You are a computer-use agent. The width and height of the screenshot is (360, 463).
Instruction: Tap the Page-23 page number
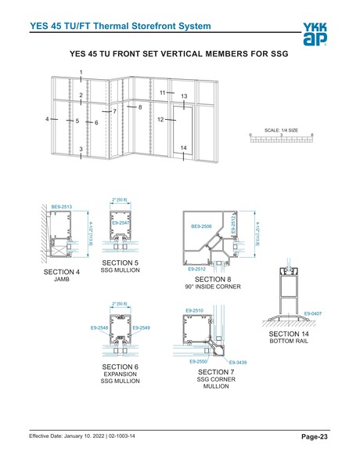point(316,436)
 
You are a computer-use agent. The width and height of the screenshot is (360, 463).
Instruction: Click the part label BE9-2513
point(62,207)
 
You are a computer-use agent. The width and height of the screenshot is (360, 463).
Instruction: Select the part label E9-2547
point(121,223)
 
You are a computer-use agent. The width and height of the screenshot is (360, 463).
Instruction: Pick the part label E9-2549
point(142,327)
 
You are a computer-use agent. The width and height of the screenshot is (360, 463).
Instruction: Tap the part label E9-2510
point(195,312)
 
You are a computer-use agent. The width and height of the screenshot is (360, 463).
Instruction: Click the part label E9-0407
point(311,313)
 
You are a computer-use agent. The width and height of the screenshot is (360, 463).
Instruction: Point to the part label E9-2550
point(199,361)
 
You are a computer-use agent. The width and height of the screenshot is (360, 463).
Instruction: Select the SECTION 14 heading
point(285,334)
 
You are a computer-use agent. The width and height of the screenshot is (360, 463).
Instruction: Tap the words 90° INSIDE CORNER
point(212,287)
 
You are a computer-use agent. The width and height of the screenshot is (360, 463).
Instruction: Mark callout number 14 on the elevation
point(183,148)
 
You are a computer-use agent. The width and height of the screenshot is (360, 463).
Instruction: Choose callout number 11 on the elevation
point(162,92)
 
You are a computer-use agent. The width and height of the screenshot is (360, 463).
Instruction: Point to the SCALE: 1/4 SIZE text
point(281,130)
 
